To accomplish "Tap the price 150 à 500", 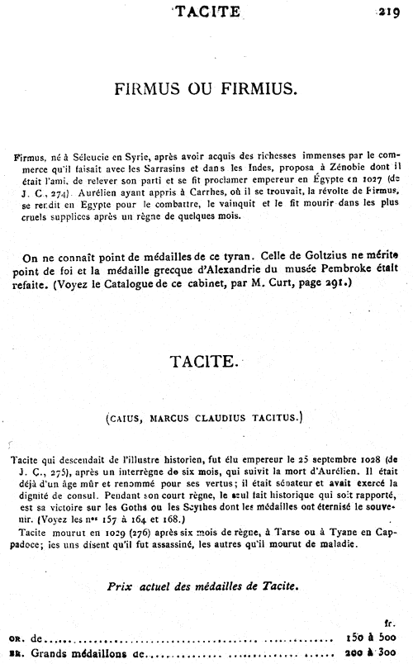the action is (373, 638).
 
